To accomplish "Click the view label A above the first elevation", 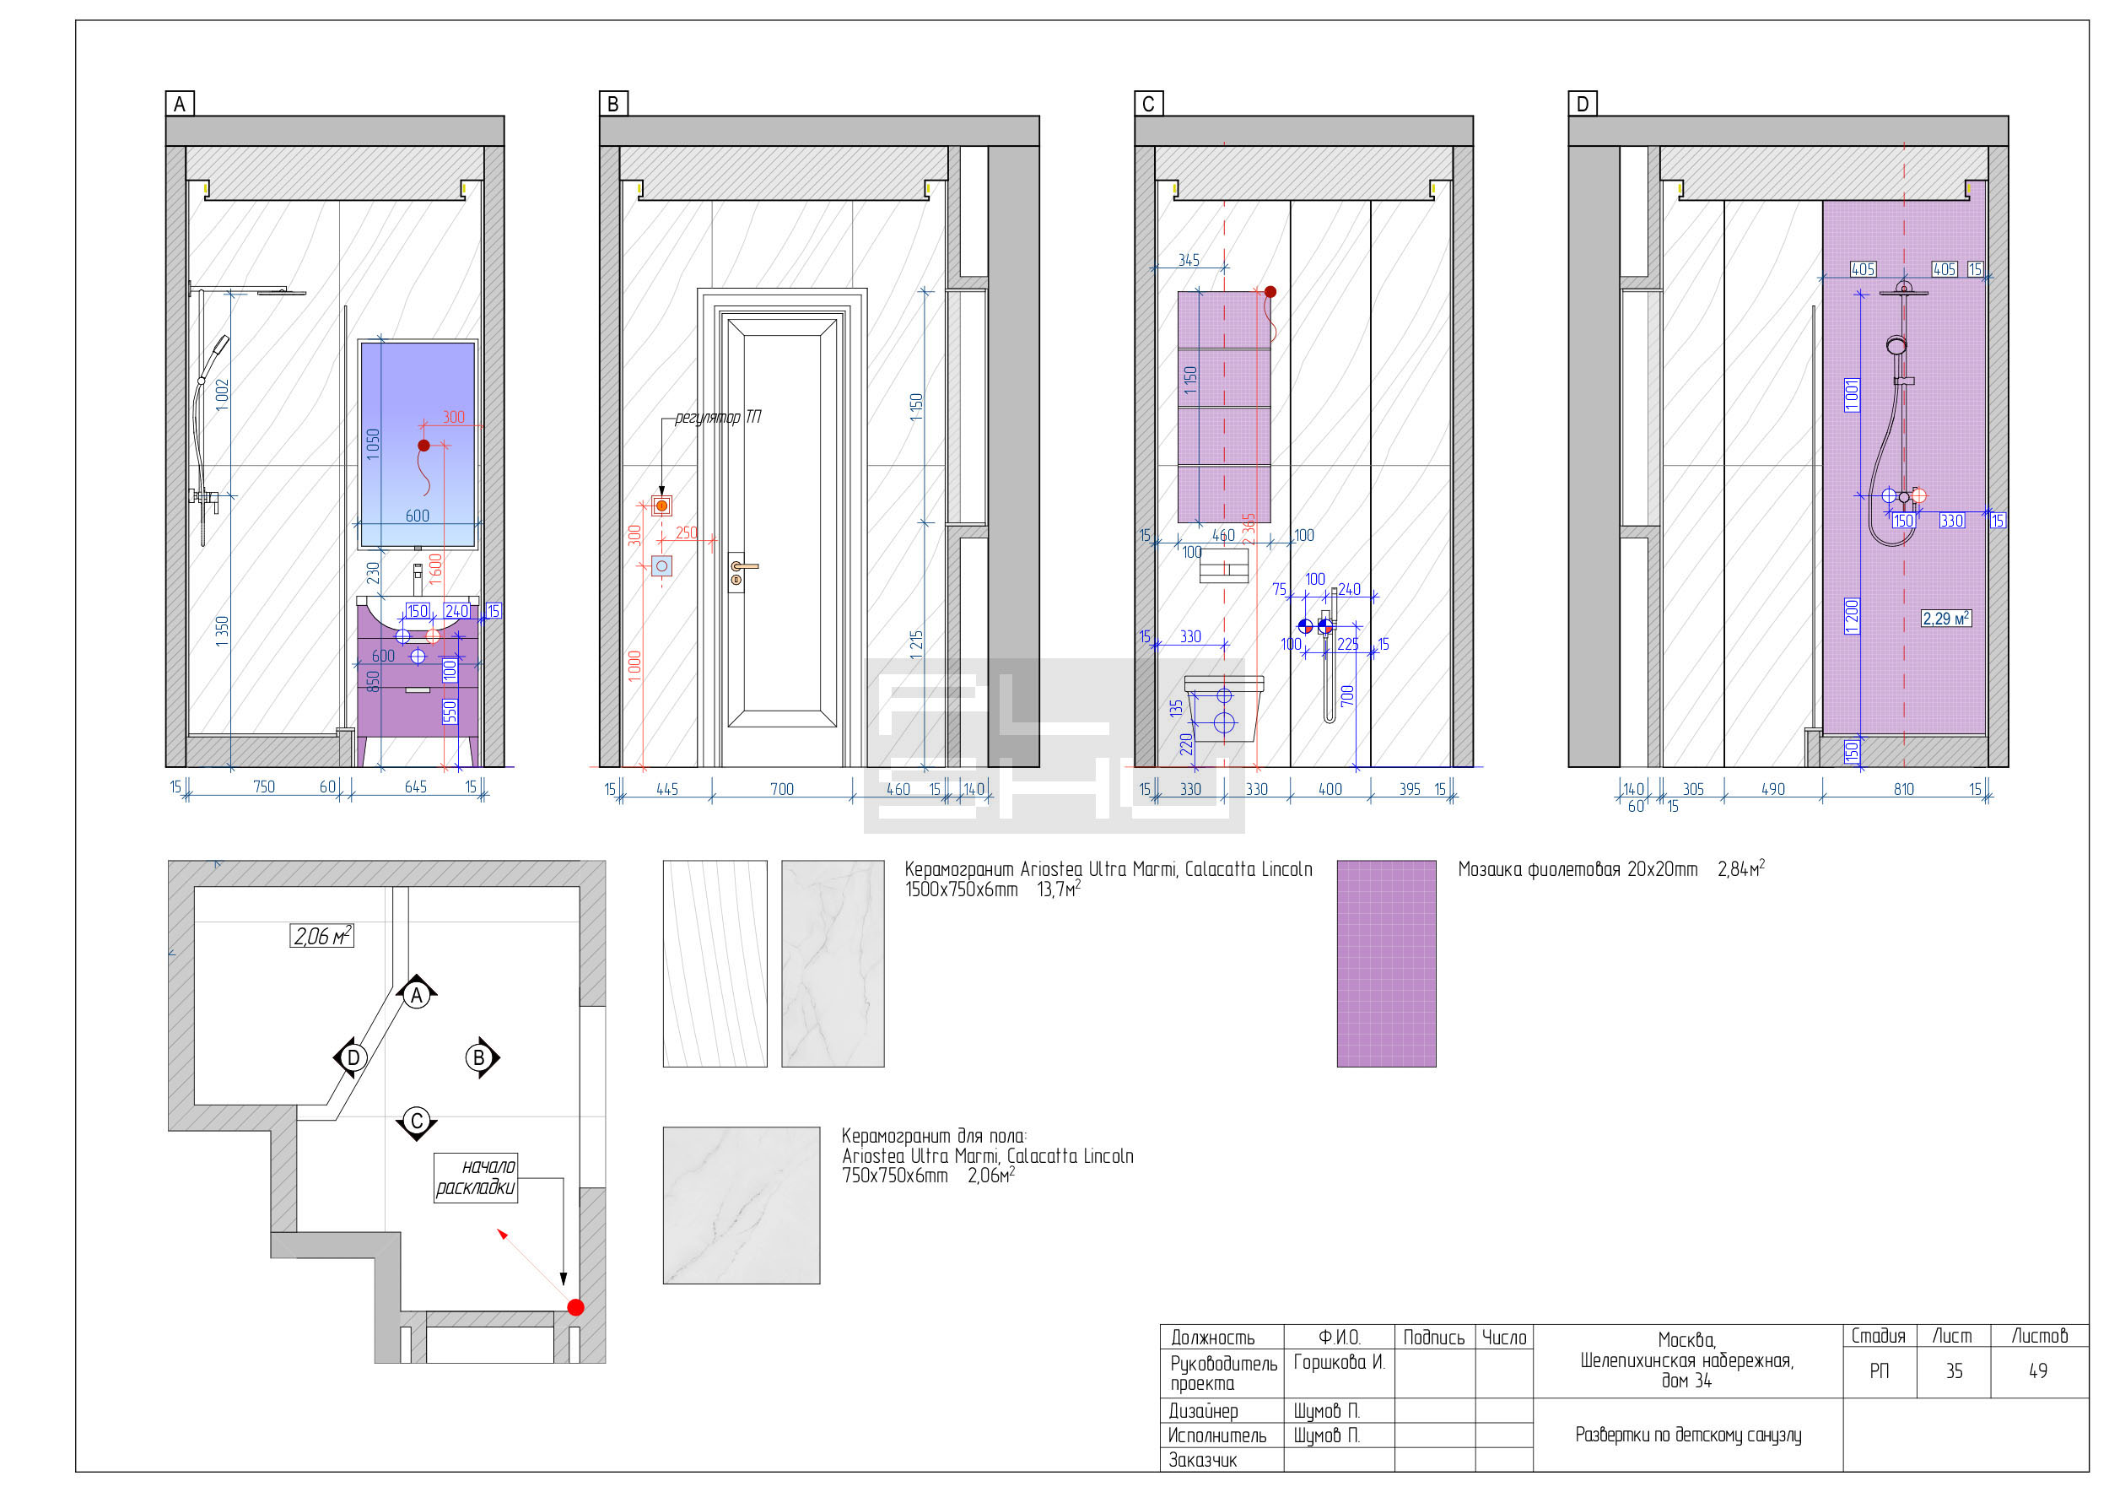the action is tap(179, 104).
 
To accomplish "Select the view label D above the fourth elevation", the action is tap(1582, 104).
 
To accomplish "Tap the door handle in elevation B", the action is tap(743, 570).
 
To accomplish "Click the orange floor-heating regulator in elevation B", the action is tap(661, 505).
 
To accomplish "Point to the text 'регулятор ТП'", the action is tap(717, 417).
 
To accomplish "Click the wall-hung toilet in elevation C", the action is tap(1224, 708).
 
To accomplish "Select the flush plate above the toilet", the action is tap(1224, 566).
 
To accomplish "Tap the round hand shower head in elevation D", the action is tap(1896, 345).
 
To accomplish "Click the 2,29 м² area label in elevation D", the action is tap(1945, 619).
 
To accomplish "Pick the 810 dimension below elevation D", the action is tap(1903, 789).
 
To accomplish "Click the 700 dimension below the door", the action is tap(782, 789).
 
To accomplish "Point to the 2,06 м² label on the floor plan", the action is tap(321, 935).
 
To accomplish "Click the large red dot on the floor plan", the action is tap(576, 1307).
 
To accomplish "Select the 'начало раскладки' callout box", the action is tap(476, 1177).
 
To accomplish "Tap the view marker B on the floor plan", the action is tap(480, 1057).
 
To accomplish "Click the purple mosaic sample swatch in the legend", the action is tap(1386, 964).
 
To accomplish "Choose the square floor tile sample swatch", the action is tap(742, 1205).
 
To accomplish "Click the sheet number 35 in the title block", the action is tap(1954, 1370).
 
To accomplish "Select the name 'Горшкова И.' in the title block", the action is tap(1338, 1361).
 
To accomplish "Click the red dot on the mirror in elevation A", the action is tap(423, 446).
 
